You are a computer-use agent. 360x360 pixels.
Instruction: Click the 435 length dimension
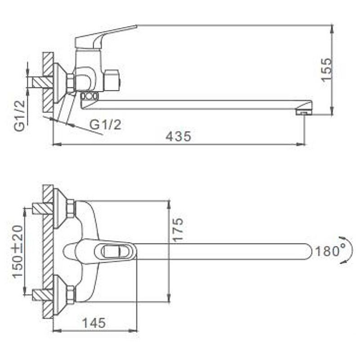pos(178,136)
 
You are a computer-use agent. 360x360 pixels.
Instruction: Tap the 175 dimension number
pos(178,229)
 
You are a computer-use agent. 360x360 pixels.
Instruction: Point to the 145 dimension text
pos(94,323)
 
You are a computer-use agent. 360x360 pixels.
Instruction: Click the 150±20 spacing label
pos(18,252)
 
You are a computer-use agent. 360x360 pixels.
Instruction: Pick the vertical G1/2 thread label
pos(19,116)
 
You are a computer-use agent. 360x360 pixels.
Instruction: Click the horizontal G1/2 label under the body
pos(105,125)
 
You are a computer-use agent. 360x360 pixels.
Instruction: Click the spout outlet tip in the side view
pos(304,112)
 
